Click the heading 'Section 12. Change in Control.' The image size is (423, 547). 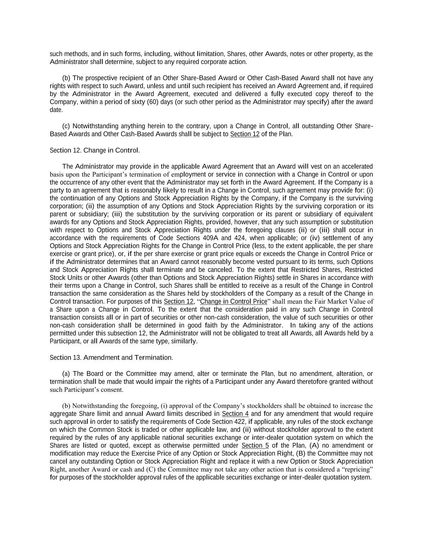95,150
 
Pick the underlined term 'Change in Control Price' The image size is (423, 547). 233,301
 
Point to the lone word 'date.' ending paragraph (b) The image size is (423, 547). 57,110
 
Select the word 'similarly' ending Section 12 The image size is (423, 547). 184,341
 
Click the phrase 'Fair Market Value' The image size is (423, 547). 331,301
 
